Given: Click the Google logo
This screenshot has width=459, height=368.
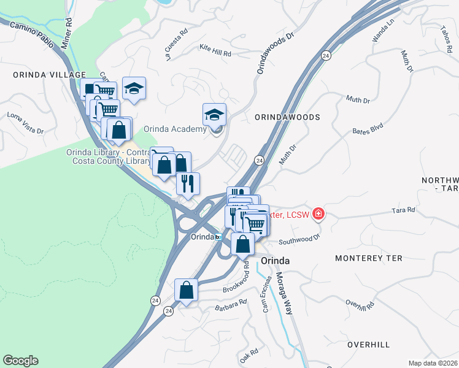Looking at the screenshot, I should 20,361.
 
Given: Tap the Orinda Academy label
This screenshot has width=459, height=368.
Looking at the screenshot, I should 175,129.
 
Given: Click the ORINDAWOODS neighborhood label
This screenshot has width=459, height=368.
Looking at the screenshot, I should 287,117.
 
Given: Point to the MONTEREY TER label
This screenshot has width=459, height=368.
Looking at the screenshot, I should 369,258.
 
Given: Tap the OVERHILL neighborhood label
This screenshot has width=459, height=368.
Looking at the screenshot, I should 368,345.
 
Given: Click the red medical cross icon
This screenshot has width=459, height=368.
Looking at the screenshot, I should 318,214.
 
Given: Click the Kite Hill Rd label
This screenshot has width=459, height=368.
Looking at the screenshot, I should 215,50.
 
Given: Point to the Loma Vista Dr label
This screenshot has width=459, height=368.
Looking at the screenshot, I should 25,123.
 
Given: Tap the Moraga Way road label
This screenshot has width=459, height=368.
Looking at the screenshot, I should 283,293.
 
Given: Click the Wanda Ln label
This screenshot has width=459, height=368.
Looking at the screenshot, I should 384,31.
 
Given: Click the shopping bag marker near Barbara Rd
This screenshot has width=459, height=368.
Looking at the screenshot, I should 186,290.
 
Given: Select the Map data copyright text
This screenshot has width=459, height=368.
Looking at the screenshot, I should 433,363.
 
